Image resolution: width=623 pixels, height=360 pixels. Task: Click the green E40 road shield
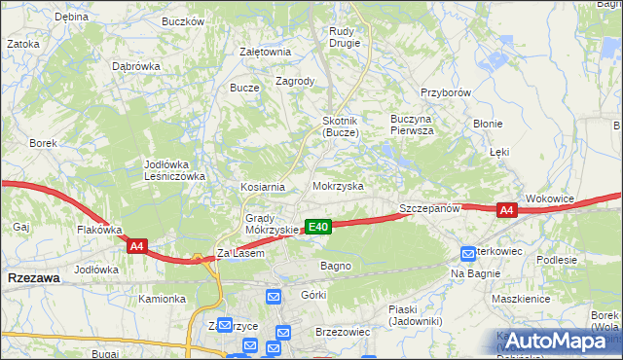(318, 227)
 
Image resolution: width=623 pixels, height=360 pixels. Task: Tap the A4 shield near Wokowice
(506, 209)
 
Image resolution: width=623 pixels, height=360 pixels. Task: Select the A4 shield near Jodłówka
(136, 248)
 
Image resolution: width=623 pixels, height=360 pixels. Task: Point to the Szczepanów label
(428, 209)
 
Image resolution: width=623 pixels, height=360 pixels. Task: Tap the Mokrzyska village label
(338, 185)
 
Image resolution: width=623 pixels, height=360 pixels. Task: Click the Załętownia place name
(266, 53)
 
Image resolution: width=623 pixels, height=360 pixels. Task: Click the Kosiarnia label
(263, 187)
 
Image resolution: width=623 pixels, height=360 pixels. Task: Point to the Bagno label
(336, 266)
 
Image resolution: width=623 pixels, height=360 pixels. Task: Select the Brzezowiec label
(343, 332)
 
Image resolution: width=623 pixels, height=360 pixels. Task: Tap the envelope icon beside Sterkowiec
(469, 252)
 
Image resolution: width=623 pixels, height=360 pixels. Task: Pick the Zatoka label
(23, 44)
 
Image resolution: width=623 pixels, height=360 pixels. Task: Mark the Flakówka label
(99, 231)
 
